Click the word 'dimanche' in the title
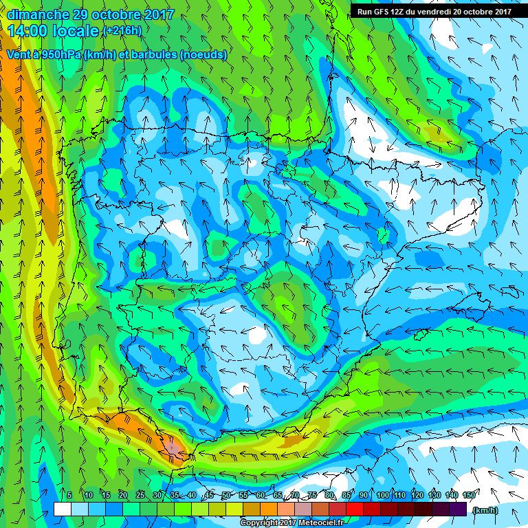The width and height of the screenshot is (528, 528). coord(38,14)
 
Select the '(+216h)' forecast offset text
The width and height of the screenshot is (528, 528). coord(122,31)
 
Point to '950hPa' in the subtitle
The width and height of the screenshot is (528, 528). coord(58,55)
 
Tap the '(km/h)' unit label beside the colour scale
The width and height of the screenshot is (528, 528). coord(485,509)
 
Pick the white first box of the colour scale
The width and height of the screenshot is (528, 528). coord(62,509)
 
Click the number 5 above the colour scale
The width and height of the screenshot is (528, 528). coord(70,495)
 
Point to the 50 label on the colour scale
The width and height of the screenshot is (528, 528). coord(226,495)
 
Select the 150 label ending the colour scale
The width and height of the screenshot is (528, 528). coord(469,495)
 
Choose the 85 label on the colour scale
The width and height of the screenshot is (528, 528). coord(347,495)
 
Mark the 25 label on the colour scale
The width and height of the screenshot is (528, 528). coord(140,495)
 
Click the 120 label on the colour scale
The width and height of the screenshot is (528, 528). coord(417,495)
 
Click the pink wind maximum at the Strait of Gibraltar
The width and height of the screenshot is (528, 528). coord(173,448)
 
